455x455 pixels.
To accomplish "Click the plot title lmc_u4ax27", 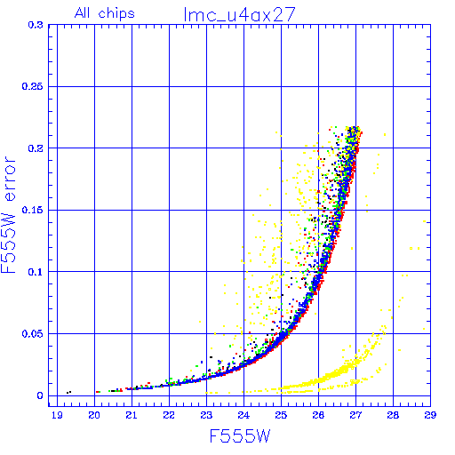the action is pyautogui.click(x=240, y=14).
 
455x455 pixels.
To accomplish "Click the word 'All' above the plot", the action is pyautogui.click(x=82, y=13).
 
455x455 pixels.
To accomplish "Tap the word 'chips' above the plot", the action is pyautogui.click(x=116, y=14).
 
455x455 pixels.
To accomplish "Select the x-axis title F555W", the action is pyautogui.click(x=240, y=436).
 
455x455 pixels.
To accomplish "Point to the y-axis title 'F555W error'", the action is pyautogui.click(x=8, y=214).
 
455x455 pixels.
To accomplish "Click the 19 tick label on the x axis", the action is pyautogui.click(x=57, y=415).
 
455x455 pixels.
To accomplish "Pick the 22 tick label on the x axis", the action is pyautogui.click(x=169, y=415).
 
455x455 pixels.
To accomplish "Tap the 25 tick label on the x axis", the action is pyautogui.click(x=281, y=415).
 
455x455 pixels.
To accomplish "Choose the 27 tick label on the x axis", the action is pyautogui.click(x=355, y=415).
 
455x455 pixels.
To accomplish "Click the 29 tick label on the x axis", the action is pyautogui.click(x=430, y=415).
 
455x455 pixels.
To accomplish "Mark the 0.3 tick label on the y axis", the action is pyautogui.click(x=36, y=25).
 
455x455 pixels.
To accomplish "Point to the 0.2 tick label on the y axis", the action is pyautogui.click(x=36, y=148).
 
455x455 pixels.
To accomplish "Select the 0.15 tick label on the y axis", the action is pyautogui.click(x=33, y=210).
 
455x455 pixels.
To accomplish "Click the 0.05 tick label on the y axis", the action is pyautogui.click(x=33, y=334).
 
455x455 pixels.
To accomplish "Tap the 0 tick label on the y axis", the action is pyautogui.click(x=40, y=395).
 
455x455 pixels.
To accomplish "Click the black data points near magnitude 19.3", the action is pyautogui.click(x=68, y=392).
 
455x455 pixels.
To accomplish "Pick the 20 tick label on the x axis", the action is pyautogui.click(x=94, y=415).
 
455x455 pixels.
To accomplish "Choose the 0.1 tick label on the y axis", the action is pyautogui.click(x=36, y=272).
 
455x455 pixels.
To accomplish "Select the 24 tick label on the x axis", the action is pyautogui.click(x=243, y=415).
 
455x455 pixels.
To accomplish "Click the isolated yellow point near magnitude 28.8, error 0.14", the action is pyautogui.click(x=424, y=221).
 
